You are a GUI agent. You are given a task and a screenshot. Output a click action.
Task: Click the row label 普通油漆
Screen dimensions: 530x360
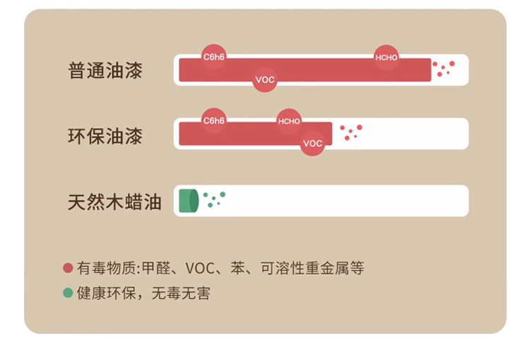coord(105,71)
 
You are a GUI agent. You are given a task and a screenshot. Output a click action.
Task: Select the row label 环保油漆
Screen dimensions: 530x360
coord(105,136)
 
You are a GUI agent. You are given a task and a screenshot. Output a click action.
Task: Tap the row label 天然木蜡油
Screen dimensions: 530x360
coord(114,202)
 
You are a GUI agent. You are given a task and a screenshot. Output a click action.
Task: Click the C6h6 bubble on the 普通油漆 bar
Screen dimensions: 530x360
coord(213,56)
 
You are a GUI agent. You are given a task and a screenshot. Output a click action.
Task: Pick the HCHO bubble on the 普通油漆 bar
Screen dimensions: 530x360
coord(387,57)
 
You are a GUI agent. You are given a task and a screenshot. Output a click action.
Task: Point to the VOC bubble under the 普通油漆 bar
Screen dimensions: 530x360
coord(264,80)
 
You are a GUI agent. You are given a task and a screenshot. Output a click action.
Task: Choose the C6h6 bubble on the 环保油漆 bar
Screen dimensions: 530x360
coord(213,120)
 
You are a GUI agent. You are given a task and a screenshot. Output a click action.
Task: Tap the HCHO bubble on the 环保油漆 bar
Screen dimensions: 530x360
coord(289,121)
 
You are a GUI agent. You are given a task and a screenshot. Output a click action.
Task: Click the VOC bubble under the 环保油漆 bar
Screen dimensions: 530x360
coord(312,144)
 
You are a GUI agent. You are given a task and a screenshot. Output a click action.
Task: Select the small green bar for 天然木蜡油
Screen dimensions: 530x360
coord(188,201)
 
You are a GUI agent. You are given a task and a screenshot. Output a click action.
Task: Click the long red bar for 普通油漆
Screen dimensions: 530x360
coord(318,70)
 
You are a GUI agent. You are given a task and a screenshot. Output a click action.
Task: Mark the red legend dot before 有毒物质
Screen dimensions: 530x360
coord(68,269)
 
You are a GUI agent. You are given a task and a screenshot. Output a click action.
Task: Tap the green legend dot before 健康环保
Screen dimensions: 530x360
coord(68,293)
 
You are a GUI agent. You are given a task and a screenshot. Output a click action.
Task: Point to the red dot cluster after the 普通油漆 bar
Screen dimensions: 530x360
coord(444,68)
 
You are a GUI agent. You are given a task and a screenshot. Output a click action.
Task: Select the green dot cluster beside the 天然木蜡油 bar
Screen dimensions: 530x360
coord(213,198)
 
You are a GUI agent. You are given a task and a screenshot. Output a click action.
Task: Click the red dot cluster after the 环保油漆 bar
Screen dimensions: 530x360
coord(351,132)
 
